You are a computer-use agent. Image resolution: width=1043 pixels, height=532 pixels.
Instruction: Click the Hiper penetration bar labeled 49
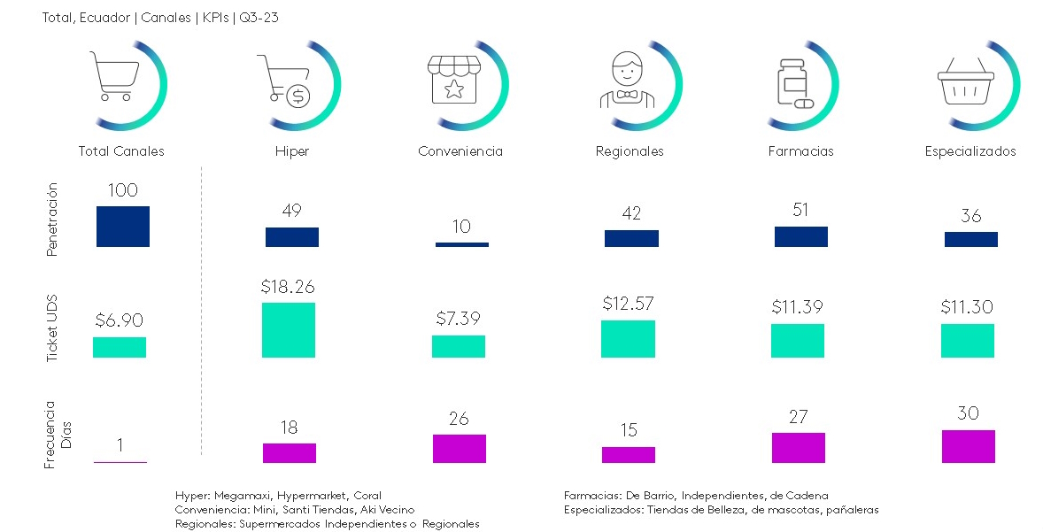292,237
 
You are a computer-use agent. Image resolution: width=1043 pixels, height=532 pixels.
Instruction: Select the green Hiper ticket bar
289,330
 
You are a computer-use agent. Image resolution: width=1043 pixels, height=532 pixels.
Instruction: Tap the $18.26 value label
288,287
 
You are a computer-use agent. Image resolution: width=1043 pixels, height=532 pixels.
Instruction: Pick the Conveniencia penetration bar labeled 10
461,244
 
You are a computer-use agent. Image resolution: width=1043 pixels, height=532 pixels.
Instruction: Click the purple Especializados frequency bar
969,446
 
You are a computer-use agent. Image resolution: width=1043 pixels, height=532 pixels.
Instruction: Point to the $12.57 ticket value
628,304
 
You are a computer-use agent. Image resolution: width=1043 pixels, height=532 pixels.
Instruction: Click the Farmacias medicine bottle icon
794,83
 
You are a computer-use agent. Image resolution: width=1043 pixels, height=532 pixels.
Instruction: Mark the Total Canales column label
121,151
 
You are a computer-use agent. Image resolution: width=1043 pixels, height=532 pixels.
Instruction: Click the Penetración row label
52,220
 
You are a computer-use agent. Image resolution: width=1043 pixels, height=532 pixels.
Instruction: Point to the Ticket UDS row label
52,328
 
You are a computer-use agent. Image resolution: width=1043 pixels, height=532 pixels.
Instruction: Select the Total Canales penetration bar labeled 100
123,227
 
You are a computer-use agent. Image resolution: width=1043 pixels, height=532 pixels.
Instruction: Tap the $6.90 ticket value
119,320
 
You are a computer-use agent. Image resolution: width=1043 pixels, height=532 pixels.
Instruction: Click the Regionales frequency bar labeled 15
629,454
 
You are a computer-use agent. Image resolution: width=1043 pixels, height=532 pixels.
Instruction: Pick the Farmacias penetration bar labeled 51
801,236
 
